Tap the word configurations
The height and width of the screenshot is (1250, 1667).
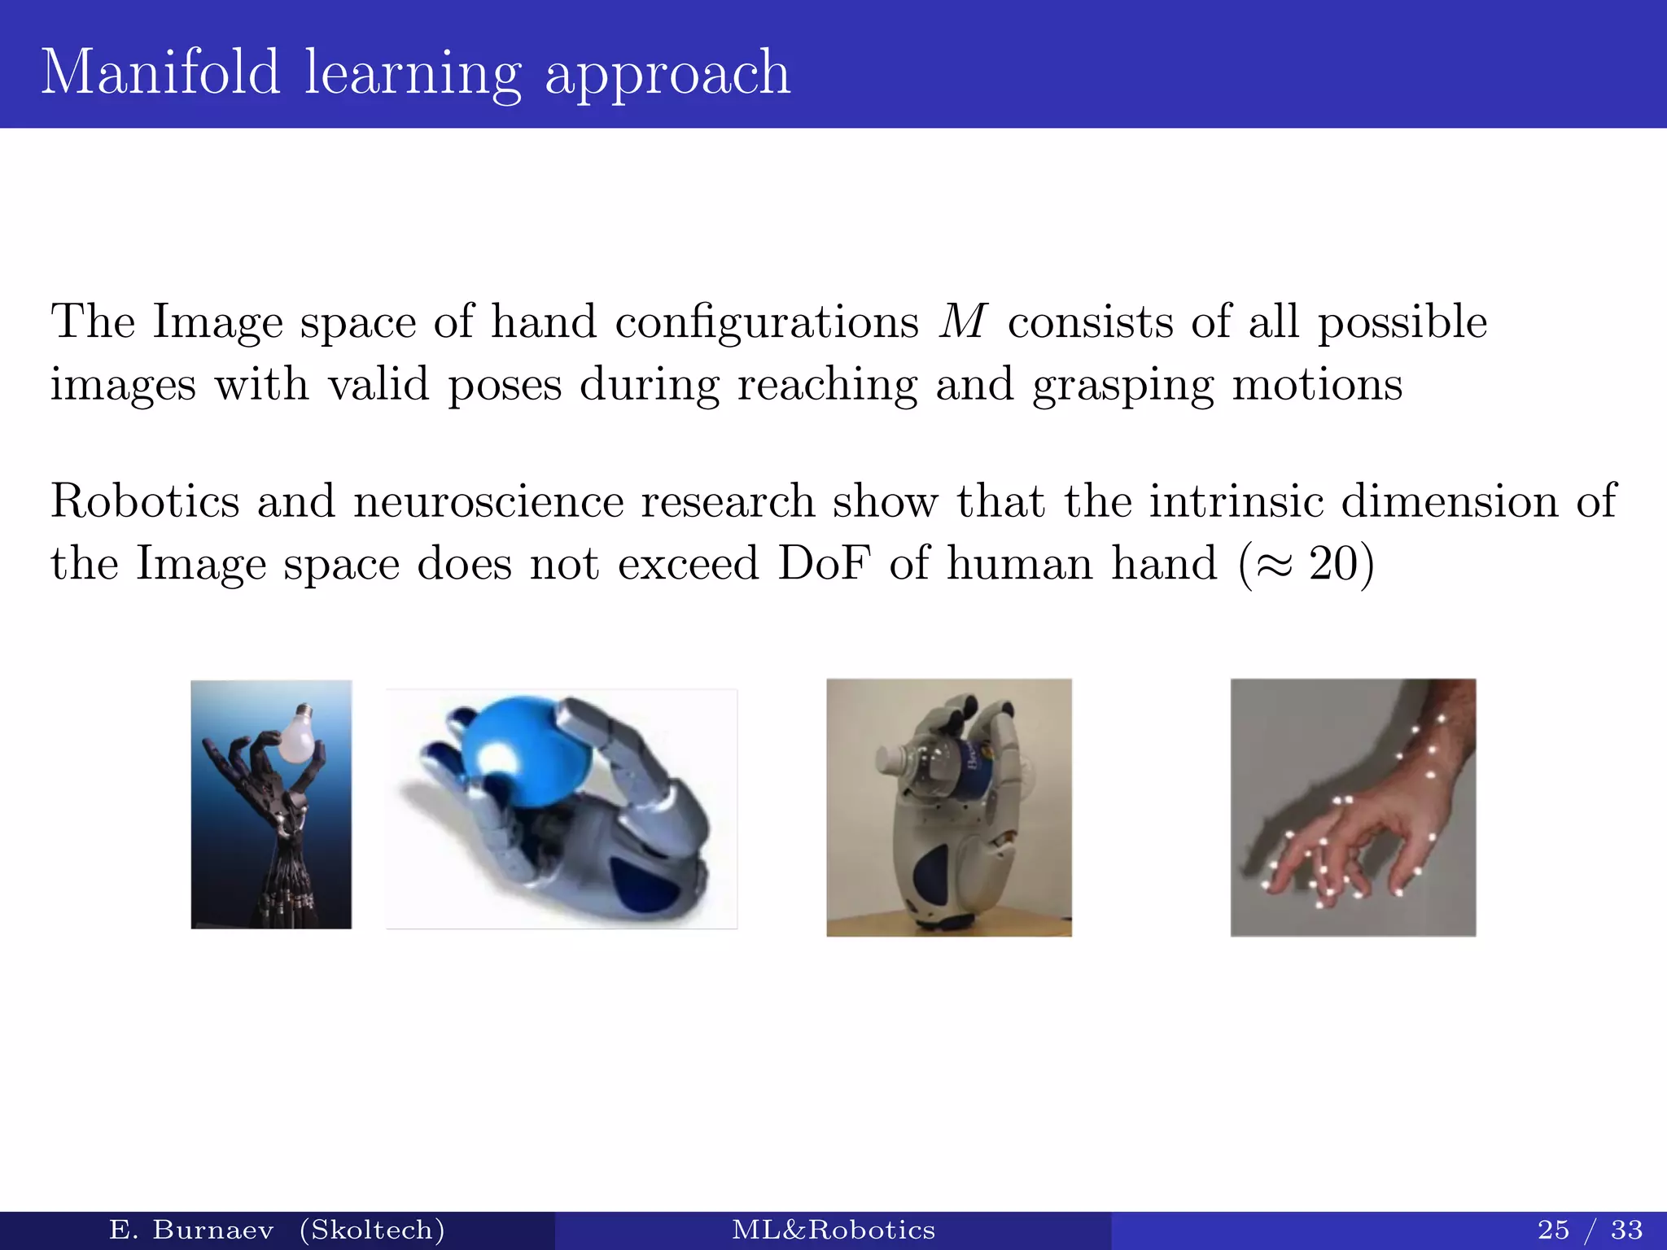(766, 322)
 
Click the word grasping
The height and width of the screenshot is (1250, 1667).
(1122, 386)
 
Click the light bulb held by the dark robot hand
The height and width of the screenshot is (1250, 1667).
(297, 732)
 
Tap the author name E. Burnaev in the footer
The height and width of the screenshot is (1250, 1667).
(190, 1229)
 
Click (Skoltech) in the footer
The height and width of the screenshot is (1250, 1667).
(372, 1229)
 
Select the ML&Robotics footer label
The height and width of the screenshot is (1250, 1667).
(833, 1229)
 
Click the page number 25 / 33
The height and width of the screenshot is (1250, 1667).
(1590, 1229)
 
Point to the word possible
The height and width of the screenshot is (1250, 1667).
(1402, 322)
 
